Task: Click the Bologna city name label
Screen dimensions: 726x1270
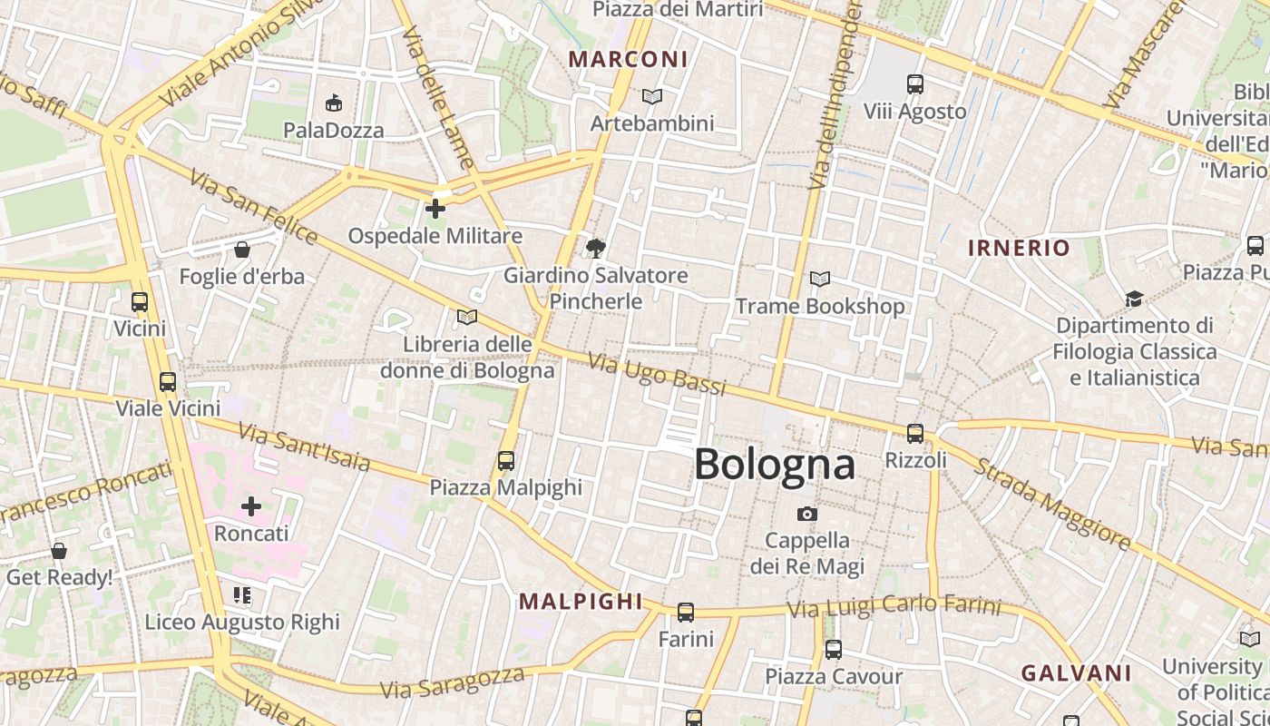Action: pos(774,464)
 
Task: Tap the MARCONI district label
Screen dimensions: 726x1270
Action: pos(628,60)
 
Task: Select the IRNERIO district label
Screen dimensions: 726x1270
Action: pos(1019,248)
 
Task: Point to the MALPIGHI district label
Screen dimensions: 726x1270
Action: pos(581,601)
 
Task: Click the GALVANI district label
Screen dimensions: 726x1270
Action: pos(1076,673)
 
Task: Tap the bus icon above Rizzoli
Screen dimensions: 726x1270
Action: pos(915,434)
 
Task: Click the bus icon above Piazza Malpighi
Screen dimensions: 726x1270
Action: pos(506,461)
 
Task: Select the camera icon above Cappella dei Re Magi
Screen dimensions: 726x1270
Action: pos(806,515)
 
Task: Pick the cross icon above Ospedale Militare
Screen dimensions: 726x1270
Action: pos(435,209)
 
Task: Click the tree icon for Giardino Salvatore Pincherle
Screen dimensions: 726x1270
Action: pos(596,248)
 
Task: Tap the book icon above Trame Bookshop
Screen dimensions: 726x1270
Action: pos(820,280)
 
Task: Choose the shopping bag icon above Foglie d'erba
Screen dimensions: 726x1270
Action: pos(242,250)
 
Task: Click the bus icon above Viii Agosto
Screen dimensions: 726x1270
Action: pos(915,84)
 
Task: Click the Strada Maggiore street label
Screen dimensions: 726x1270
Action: pos(1051,504)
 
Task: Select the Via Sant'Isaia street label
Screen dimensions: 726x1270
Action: pos(304,447)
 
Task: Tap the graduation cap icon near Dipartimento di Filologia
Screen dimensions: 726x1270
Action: pos(1134,299)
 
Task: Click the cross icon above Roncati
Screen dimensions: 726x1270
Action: pos(251,506)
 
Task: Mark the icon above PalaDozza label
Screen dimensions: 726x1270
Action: pos(334,103)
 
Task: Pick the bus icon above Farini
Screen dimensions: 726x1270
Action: pos(686,613)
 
